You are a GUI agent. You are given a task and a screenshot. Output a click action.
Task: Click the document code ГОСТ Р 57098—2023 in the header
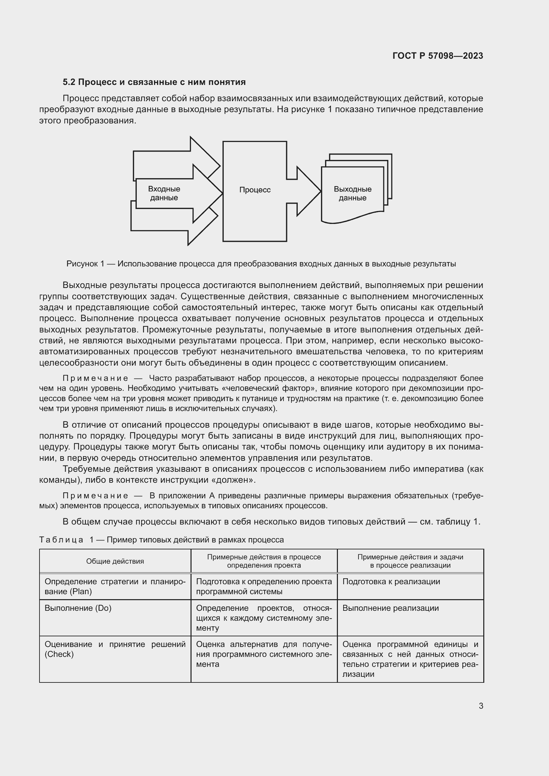437,56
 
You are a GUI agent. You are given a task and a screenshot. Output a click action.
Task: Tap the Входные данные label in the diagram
164,193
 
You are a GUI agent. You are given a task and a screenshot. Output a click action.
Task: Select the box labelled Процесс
255,190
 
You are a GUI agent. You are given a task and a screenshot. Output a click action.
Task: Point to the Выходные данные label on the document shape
352,193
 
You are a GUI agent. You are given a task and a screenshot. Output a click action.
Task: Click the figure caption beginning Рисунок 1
261,264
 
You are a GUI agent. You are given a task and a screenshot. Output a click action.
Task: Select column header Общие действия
115,561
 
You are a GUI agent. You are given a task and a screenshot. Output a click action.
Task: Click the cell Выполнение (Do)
78,608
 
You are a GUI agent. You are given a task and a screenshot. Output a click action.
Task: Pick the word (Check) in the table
59,654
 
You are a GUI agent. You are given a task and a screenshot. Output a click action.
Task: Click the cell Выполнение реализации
390,608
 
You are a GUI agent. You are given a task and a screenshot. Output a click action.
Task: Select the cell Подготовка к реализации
391,582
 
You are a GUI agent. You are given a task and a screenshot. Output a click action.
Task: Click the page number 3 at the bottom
481,706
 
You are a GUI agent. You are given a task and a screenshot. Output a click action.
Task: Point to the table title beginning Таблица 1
162,540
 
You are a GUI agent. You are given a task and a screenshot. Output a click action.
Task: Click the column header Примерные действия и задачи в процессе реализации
410,561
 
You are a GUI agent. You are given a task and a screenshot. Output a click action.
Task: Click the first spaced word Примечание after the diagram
96,378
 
